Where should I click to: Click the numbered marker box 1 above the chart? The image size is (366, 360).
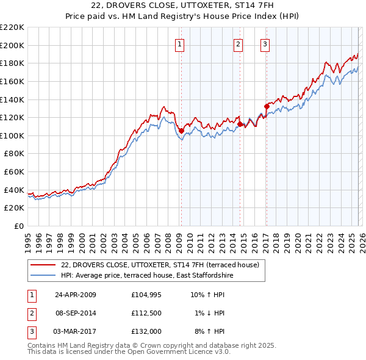(x=181, y=43)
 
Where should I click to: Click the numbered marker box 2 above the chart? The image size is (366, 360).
(x=238, y=43)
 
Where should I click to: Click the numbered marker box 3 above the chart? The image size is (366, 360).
(x=265, y=43)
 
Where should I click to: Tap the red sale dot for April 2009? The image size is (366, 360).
(x=181, y=131)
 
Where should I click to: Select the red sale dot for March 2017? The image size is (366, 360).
(x=266, y=106)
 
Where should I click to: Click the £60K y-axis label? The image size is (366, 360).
(x=14, y=171)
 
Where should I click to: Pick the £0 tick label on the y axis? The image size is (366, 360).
(x=20, y=226)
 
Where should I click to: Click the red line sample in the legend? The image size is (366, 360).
(x=43, y=265)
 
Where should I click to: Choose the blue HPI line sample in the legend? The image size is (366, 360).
(x=43, y=275)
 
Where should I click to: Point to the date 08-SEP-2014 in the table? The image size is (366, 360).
(x=76, y=313)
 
